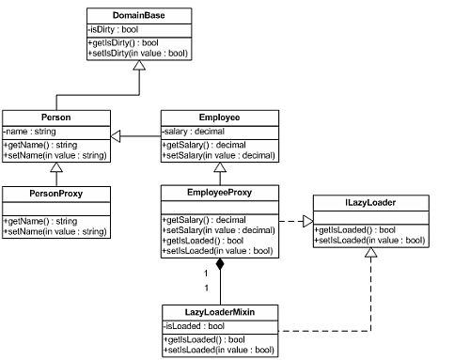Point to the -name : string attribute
pyautogui.click(x=32, y=133)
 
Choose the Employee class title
pyautogui.click(x=219, y=117)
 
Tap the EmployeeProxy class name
pyautogui.click(x=219, y=193)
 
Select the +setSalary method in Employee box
pyautogui.click(x=218, y=156)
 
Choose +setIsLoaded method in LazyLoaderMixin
pyautogui.click(x=218, y=349)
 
